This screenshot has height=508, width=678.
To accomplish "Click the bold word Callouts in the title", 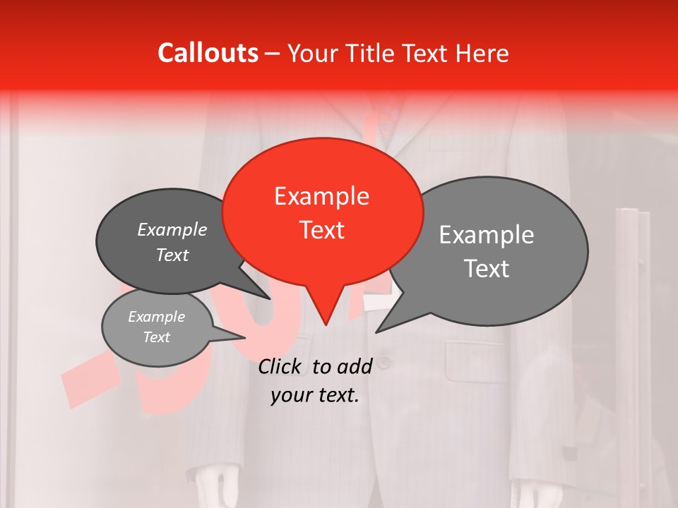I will click(208, 53).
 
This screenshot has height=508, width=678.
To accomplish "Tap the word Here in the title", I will click(482, 54).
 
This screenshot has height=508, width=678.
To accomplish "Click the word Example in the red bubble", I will click(321, 196).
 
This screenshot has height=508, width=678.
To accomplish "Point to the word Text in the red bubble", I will click(322, 230).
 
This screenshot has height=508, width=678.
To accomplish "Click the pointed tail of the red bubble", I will click(324, 314).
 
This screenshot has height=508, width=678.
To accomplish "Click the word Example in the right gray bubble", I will click(486, 235).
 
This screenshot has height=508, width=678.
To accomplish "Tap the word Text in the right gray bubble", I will click(486, 269).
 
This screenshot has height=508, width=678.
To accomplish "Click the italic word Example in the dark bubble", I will click(172, 230).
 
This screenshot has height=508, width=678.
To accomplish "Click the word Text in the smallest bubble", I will click(156, 337).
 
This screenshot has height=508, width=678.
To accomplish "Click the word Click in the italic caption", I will click(281, 366).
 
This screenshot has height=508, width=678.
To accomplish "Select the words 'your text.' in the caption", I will click(314, 396).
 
